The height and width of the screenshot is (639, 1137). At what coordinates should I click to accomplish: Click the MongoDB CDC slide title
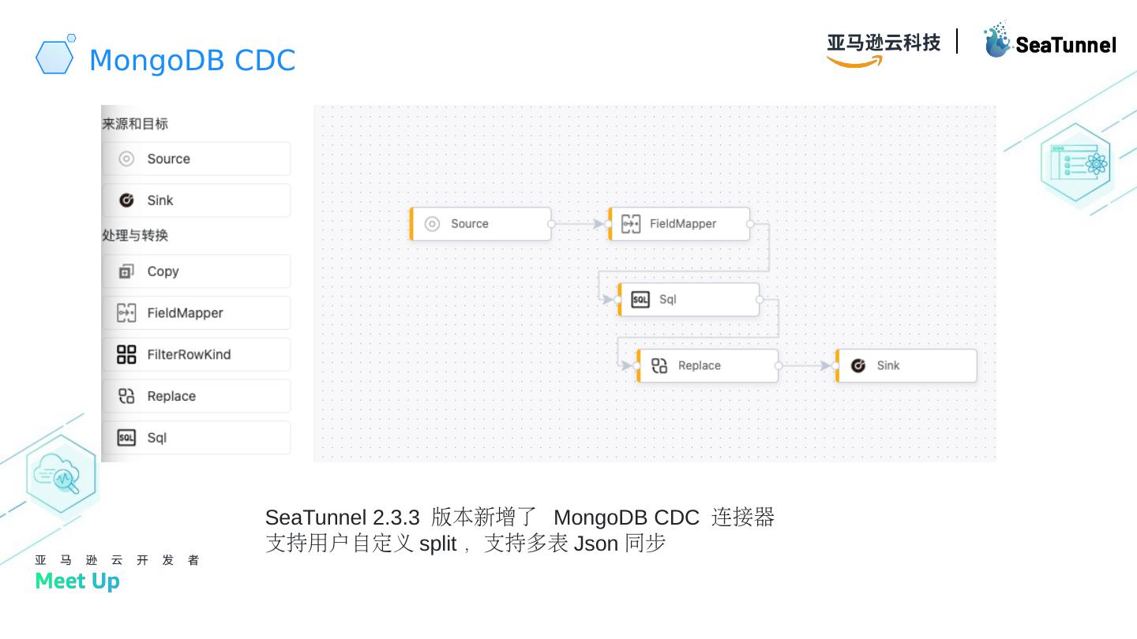click(x=192, y=60)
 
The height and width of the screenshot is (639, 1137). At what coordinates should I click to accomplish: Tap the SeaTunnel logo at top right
click(x=1049, y=42)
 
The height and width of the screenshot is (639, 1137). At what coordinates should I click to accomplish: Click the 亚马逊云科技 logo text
click(x=884, y=43)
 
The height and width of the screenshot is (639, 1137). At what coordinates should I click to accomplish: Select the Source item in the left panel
click(x=196, y=159)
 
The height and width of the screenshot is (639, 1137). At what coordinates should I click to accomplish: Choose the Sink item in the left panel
click(x=196, y=200)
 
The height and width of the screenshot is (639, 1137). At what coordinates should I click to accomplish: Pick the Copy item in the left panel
click(x=196, y=271)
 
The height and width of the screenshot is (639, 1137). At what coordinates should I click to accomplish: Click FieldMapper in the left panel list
click(x=196, y=313)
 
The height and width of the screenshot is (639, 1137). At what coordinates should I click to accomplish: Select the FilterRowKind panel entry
click(x=196, y=355)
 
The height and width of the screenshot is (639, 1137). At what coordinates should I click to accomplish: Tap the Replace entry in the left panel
click(x=196, y=396)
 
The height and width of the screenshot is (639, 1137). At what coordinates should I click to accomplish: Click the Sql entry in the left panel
click(x=196, y=438)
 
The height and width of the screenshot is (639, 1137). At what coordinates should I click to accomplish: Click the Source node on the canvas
click(x=480, y=224)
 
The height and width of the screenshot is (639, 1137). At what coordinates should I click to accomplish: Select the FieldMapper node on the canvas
click(x=679, y=224)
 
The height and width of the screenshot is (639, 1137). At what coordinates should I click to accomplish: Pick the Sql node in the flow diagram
click(x=689, y=300)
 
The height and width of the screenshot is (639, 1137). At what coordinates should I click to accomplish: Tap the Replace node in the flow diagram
click(x=708, y=366)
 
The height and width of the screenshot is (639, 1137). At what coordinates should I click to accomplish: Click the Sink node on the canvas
click(x=906, y=366)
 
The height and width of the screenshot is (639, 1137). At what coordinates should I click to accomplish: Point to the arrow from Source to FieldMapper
click(x=580, y=224)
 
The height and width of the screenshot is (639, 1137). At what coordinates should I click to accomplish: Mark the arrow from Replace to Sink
click(x=807, y=366)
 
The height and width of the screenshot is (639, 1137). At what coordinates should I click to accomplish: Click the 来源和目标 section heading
click(x=135, y=124)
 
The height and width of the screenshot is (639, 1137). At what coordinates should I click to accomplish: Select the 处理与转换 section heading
click(x=135, y=235)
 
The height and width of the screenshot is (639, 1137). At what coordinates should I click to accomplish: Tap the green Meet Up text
click(x=77, y=581)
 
